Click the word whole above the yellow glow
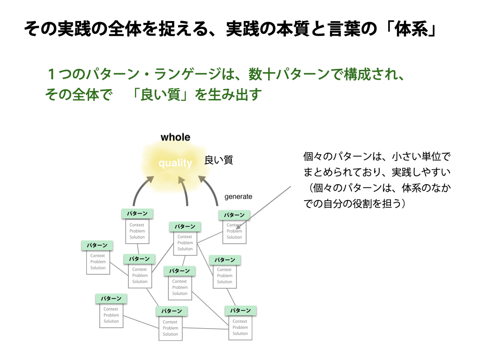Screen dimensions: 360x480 coord(175,137)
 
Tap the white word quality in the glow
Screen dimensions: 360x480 coord(175,163)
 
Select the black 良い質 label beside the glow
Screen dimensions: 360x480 coord(218,160)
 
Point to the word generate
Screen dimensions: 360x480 coord(238,196)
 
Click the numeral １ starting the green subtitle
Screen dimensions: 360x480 coord(52,75)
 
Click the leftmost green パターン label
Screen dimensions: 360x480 coord(97,245)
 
